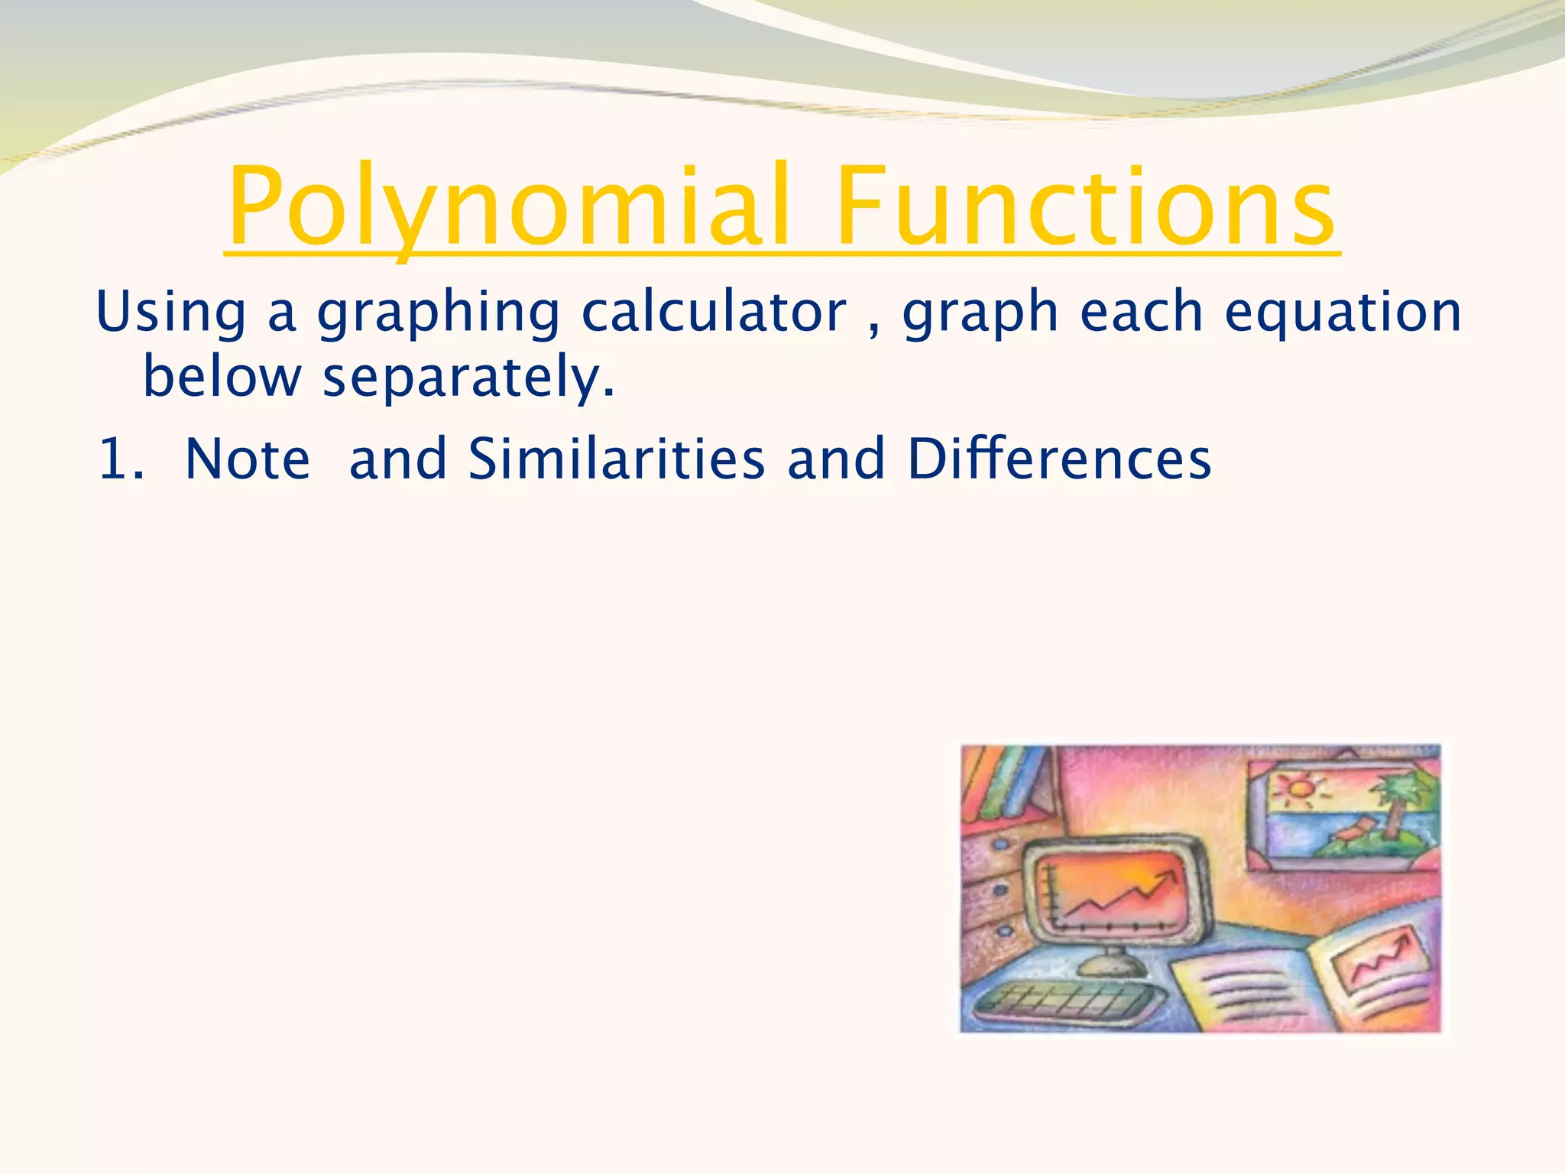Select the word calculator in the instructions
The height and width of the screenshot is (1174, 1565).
[714, 313]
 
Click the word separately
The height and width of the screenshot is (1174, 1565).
[468, 379]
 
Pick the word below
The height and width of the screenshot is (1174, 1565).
[222, 378]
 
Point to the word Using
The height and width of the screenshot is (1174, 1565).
[170, 313]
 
